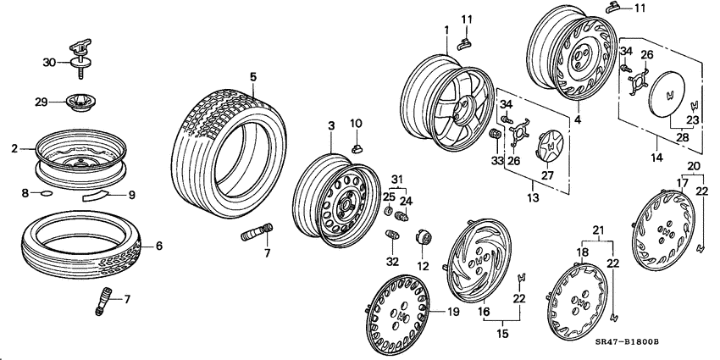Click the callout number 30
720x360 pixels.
48,62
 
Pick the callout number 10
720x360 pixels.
357,125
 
